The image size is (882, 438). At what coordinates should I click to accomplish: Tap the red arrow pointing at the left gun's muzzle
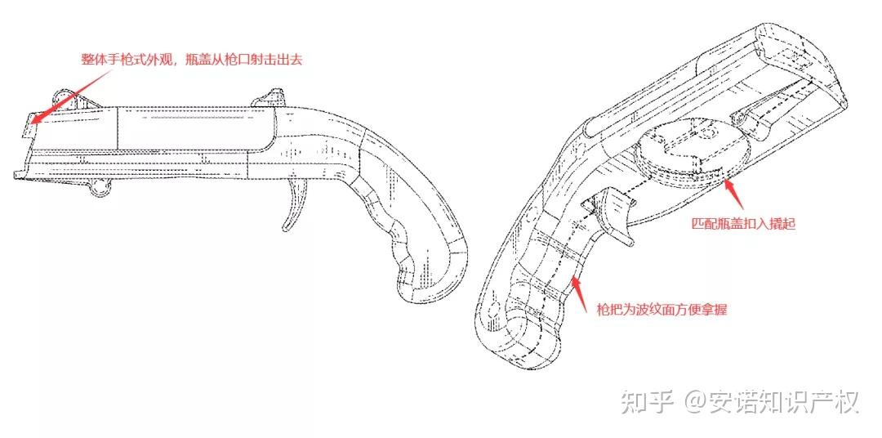(x=69, y=94)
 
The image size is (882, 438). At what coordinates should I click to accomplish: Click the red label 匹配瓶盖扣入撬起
(x=742, y=223)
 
